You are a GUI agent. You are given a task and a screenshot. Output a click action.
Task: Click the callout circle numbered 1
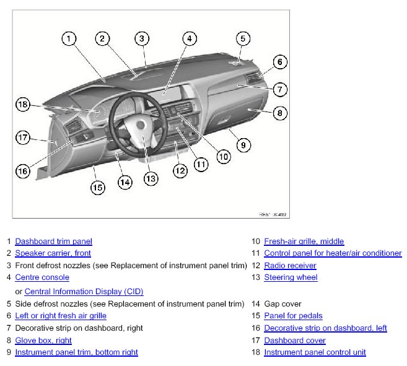pos(69,38)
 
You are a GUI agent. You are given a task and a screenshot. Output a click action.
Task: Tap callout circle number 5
pos(242,38)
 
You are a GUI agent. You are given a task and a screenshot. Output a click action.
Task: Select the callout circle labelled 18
pos(23,105)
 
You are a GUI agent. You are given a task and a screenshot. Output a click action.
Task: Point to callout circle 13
pos(151,178)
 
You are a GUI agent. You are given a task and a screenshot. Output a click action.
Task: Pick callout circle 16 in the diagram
pos(23,170)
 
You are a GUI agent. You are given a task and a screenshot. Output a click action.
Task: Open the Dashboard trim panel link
pos(53,242)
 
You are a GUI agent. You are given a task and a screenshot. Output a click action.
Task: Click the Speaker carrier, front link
pos(53,253)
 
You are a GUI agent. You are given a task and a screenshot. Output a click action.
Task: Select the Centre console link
pos(42,277)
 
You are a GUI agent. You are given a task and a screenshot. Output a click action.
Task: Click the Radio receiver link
pos(290,266)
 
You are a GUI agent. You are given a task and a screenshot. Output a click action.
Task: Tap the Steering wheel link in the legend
pos(291,277)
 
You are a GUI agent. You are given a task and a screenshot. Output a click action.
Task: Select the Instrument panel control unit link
pos(315,352)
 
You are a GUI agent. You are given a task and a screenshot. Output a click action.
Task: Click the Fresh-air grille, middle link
pos(304,242)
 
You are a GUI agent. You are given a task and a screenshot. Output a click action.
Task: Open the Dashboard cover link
pos(294,340)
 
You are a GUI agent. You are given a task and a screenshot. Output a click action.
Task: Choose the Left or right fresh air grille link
pos(61,316)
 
